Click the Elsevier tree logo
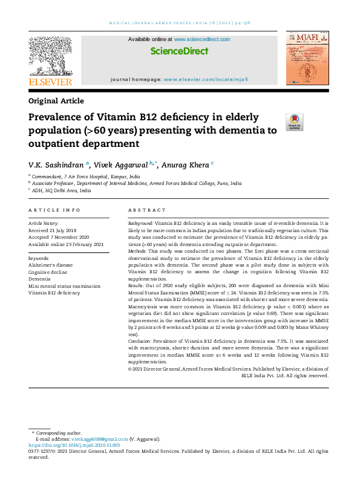51,59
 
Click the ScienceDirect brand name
179,51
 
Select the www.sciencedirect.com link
202,39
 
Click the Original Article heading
56,101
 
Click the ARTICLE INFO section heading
54,210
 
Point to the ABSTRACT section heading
147,210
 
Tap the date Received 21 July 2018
52,230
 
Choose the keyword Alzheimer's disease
50,265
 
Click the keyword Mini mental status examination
65,285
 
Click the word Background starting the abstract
140,224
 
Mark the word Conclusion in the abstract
140,341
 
